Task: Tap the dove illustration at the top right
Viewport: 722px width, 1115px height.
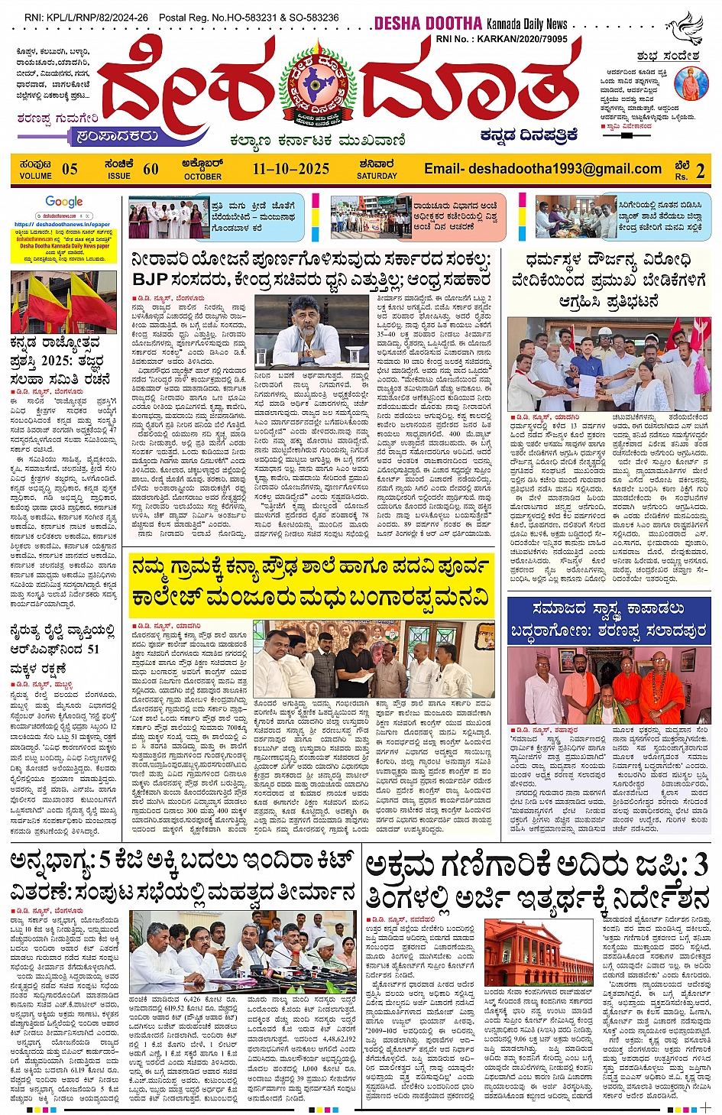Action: (x=685, y=28)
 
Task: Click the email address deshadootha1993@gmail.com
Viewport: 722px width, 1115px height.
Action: (x=542, y=169)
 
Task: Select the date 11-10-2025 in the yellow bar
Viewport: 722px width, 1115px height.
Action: (x=291, y=169)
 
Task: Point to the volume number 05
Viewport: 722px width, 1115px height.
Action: (x=70, y=169)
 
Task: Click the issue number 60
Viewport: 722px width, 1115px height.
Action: (x=151, y=169)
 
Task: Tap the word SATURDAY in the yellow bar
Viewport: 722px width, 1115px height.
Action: (x=377, y=176)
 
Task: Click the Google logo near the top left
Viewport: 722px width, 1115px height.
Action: (x=64, y=202)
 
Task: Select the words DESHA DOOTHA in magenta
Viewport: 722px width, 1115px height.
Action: (x=428, y=24)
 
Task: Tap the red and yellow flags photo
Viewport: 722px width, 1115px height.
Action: (x=63, y=301)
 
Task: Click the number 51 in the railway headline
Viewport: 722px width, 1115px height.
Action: (x=92, y=649)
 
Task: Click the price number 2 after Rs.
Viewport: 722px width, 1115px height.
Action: (x=700, y=170)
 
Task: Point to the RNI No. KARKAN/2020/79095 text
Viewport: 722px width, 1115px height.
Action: (x=501, y=39)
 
